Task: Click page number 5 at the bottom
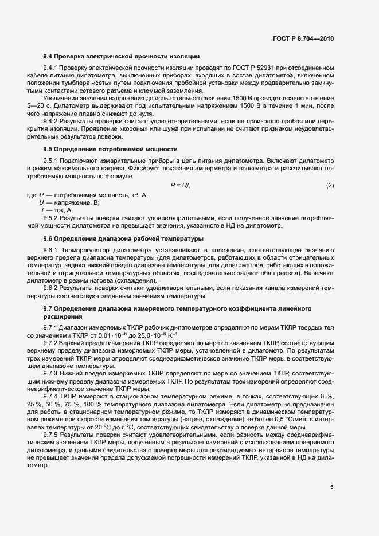click(331, 488)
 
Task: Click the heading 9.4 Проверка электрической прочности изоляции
click(121, 56)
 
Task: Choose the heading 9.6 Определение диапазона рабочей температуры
click(123, 237)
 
